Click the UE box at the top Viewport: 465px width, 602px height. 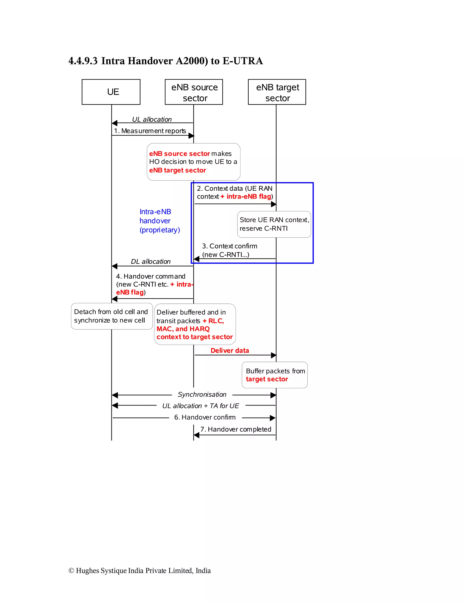111,92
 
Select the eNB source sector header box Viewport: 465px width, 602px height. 194,92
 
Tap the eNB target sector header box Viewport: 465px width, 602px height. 277,92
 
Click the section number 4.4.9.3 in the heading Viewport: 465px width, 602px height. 83,61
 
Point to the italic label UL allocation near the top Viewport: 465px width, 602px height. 152,119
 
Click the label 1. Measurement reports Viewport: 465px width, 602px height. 150,131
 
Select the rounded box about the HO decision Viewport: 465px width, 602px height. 193,162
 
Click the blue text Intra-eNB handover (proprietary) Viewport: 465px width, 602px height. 159,221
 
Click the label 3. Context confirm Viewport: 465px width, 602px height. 230,246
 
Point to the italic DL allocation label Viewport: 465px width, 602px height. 151,261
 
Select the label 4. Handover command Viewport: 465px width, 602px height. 151,276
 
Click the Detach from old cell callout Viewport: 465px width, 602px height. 111,316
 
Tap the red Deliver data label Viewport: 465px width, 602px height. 230,350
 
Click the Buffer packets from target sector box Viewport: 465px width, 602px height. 275,375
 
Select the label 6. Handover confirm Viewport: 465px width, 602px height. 205,417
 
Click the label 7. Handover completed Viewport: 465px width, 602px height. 236,429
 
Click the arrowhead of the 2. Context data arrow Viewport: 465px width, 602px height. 274,204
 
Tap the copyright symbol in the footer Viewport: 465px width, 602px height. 71,571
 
